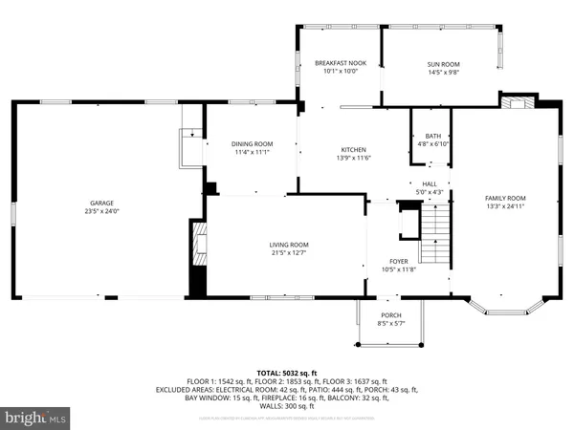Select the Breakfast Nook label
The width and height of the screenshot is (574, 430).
pyautogui.click(x=340, y=63)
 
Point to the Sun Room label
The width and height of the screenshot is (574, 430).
pyautogui.click(x=443, y=63)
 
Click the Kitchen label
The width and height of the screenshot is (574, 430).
pyautogui.click(x=354, y=150)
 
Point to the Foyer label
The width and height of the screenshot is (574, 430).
pyautogui.click(x=399, y=261)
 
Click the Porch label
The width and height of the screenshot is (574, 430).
pyautogui.click(x=390, y=315)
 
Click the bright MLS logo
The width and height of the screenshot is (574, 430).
pyautogui.click(x=35, y=417)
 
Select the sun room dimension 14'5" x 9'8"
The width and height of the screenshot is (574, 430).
pyautogui.click(x=443, y=71)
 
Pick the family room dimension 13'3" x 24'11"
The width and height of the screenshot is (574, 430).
pyautogui.click(x=504, y=205)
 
